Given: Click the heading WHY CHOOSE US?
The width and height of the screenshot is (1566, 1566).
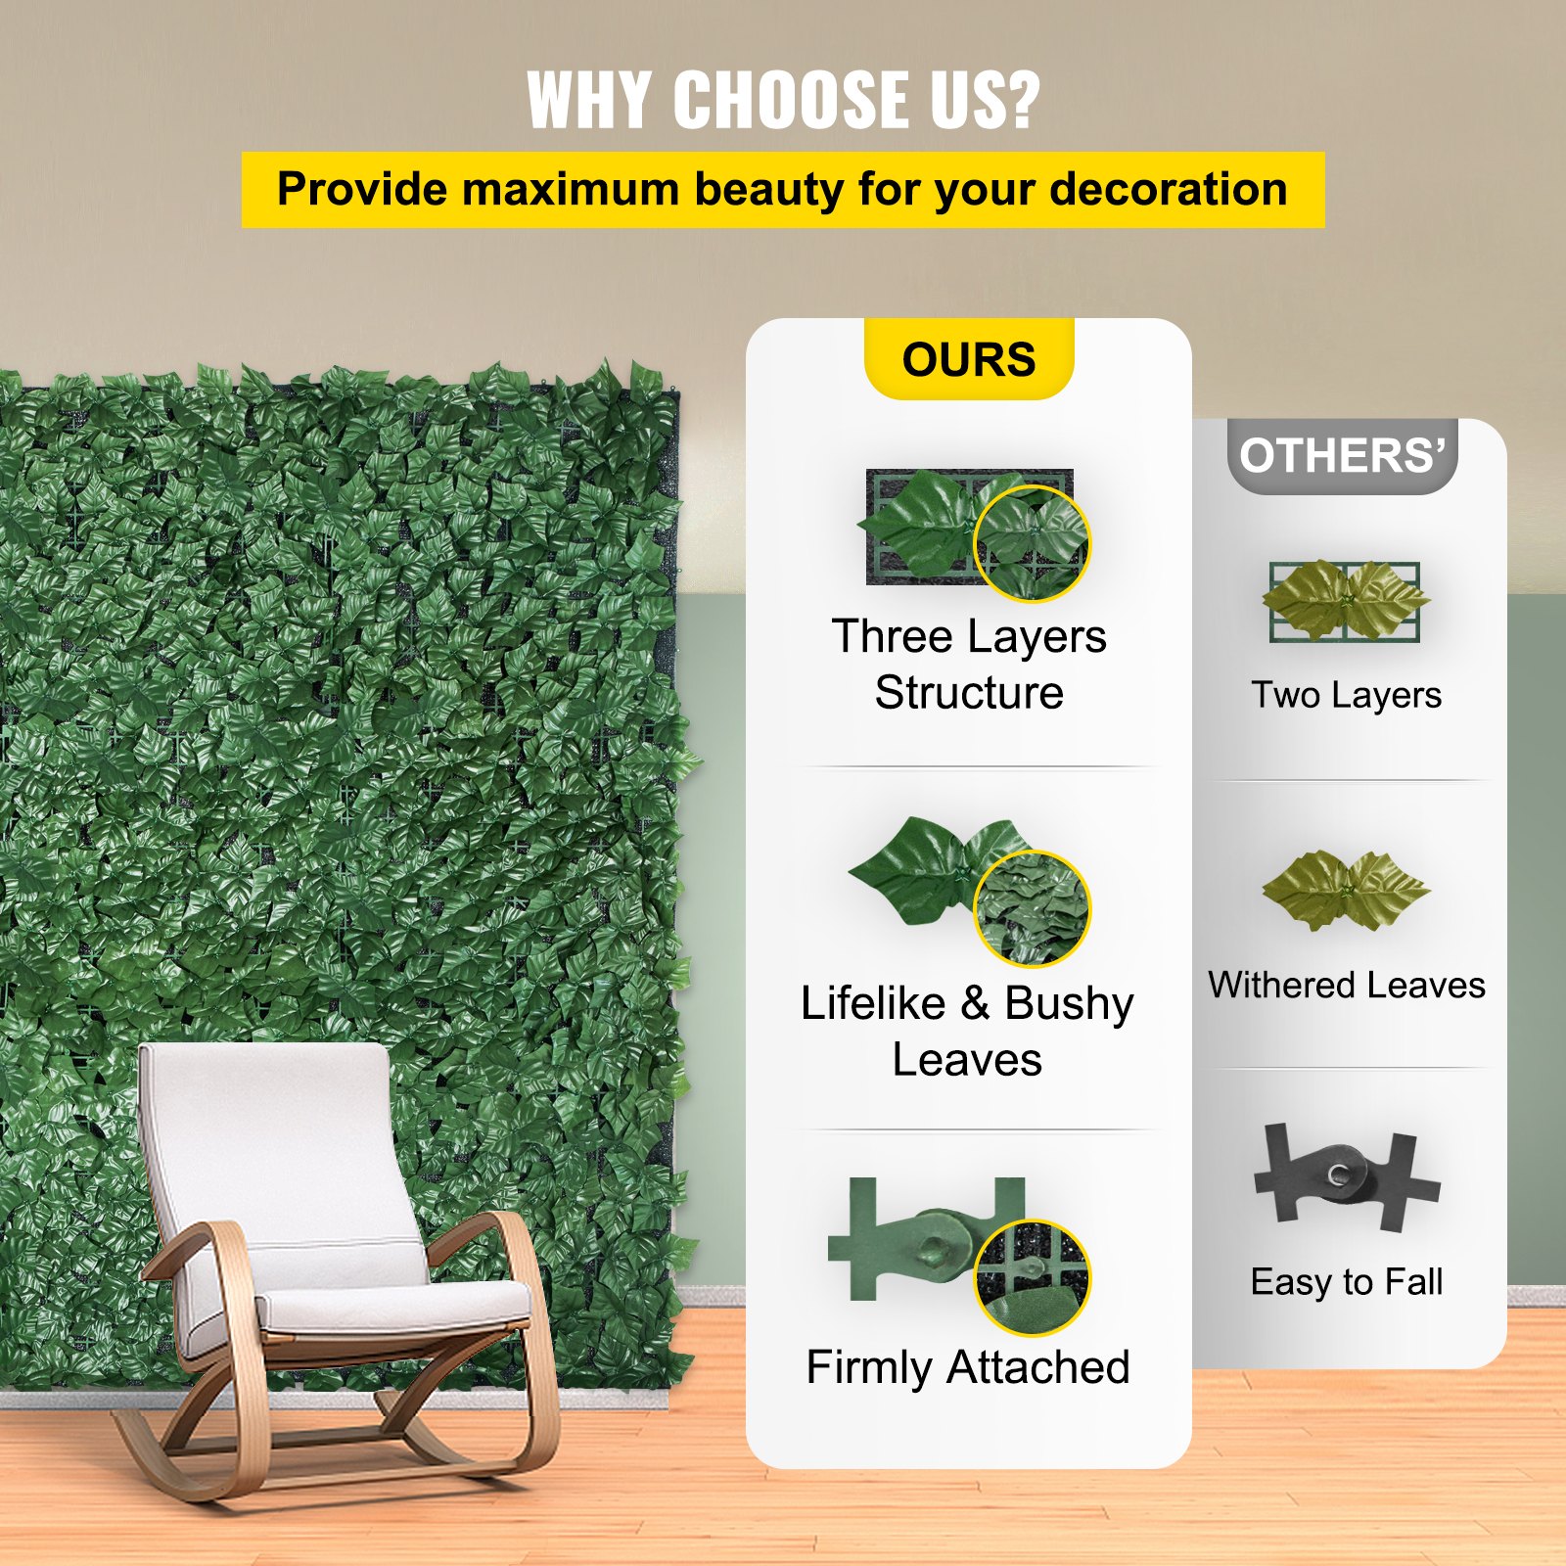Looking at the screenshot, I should [x=783, y=99].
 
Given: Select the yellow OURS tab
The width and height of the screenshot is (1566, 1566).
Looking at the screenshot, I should [x=969, y=359].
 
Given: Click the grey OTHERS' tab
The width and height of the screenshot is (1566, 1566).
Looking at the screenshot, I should [x=1342, y=456].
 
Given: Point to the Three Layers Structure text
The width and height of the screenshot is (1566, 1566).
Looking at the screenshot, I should [x=969, y=664].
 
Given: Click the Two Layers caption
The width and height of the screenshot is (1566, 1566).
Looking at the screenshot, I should [x=1346, y=695].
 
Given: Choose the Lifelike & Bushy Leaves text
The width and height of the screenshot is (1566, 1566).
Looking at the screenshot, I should [x=967, y=1031].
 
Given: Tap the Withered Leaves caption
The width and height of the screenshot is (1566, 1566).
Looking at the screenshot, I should [x=1346, y=985].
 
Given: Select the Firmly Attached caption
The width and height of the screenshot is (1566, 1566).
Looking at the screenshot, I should [x=967, y=1366].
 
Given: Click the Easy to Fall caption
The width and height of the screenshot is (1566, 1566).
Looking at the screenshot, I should [x=1346, y=1281].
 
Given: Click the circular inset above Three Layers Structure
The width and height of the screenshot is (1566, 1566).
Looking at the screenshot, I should [x=1032, y=543].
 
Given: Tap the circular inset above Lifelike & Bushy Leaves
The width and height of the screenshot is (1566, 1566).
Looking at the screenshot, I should [x=1032, y=908].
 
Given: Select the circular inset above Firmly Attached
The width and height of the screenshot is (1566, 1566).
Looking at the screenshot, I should [x=1032, y=1276].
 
